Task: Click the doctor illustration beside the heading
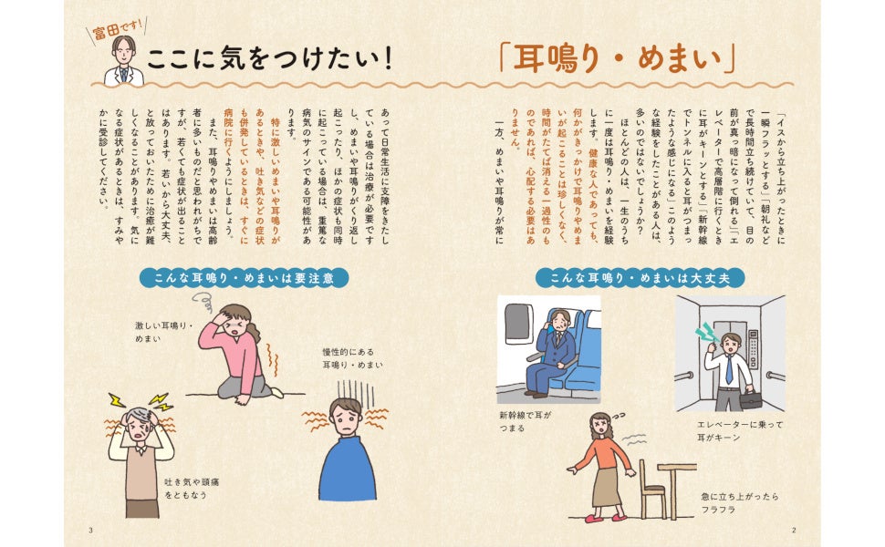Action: point(124,61)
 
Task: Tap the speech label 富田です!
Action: point(118,29)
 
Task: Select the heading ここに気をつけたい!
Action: point(270,59)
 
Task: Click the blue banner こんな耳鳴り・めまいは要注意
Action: point(245,278)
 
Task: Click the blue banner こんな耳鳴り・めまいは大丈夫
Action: point(640,278)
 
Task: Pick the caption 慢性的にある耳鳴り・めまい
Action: point(352,358)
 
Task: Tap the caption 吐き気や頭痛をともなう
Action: point(192,489)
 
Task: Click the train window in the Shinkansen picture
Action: point(519,323)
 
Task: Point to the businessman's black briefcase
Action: point(750,400)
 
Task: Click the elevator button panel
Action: point(754,350)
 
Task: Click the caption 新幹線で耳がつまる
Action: point(525,421)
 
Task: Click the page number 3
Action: point(91,530)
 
